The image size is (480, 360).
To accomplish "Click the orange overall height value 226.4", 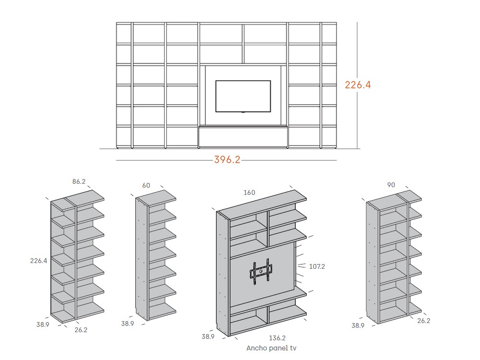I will tap(358, 85).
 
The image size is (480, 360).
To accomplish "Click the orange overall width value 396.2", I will tap(227, 159).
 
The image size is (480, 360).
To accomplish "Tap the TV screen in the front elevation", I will tap(242, 96).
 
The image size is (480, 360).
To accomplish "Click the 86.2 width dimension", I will tap(79, 182).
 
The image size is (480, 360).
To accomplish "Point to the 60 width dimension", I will tap(146, 185).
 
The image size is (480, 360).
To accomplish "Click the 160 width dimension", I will tap(249, 192).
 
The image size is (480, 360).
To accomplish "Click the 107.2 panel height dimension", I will tap(317, 266).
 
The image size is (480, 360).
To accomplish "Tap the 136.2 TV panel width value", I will tap(278, 338).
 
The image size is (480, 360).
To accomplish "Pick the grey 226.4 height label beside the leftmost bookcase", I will tap(38, 261).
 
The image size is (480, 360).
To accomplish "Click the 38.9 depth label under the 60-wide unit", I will tap(127, 324).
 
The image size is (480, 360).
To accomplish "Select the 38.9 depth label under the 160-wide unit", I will tap(208, 337).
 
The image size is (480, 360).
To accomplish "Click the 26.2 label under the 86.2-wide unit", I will tap(81, 330).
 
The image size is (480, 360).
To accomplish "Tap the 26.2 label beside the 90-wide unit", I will tap(424, 320).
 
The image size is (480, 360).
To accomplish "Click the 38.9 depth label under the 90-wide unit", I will tap(358, 325).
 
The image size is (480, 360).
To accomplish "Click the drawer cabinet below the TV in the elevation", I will tap(243, 136).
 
